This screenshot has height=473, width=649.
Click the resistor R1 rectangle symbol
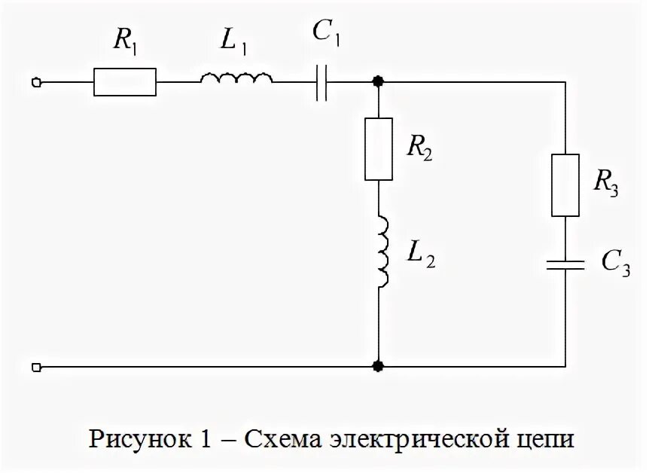(125, 81)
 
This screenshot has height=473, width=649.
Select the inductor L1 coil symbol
(236, 78)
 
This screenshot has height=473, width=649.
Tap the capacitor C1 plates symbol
(322, 81)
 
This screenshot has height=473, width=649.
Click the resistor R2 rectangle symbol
(379, 148)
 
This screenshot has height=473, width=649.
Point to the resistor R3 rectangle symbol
(565, 185)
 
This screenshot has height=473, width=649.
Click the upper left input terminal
(35, 81)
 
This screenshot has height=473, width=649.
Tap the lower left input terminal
(35, 367)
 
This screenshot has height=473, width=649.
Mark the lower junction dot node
(379, 367)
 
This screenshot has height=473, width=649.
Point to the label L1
(233, 42)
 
